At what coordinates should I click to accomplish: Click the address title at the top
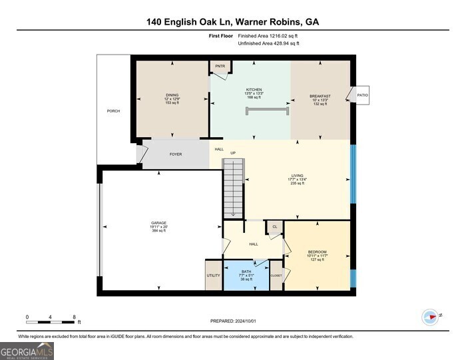pyautogui.click(x=233, y=22)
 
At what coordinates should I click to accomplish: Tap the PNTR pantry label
pyautogui.click(x=220, y=67)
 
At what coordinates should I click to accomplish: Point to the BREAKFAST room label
pyautogui.click(x=320, y=96)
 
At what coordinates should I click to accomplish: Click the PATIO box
pyautogui.click(x=362, y=96)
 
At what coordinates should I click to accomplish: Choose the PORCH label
pyautogui.click(x=114, y=110)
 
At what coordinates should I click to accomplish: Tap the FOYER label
pyautogui.click(x=176, y=154)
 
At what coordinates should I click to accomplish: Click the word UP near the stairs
pyautogui.click(x=233, y=154)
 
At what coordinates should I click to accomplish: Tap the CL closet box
pyautogui.click(x=274, y=227)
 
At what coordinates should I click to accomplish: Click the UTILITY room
pyautogui.click(x=213, y=275)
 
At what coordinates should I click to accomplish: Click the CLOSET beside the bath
pyautogui.click(x=276, y=275)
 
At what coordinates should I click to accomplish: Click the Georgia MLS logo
pyautogui.click(x=27, y=351)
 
